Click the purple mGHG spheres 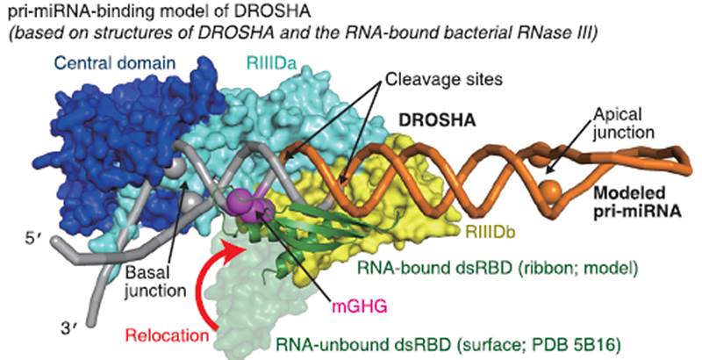[249, 208]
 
